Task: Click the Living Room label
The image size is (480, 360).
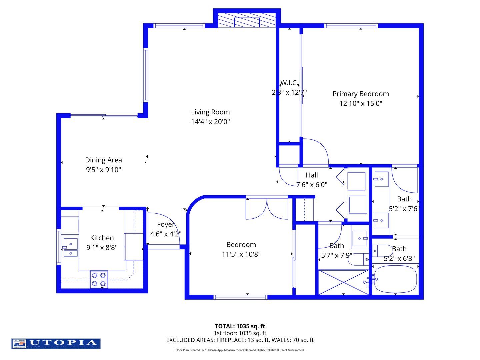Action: tap(210, 112)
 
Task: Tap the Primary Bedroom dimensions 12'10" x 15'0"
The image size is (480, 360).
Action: tap(361, 103)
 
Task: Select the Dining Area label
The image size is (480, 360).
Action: tap(103, 160)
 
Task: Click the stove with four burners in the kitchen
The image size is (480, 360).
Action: tap(99, 279)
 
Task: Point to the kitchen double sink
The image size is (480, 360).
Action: tap(70, 247)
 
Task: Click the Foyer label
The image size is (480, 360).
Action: tap(166, 224)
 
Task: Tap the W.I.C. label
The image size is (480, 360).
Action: tap(289, 83)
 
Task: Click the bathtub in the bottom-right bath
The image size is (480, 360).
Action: tap(395, 279)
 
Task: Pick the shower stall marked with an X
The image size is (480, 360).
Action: tap(343, 282)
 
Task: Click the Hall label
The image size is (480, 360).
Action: tap(312, 175)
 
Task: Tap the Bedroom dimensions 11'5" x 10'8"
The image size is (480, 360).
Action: tap(241, 254)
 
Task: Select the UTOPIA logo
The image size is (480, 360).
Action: tap(56, 343)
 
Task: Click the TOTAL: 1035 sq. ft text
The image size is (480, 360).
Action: tap(240, 326)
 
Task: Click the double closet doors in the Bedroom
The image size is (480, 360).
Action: tap(267, 209)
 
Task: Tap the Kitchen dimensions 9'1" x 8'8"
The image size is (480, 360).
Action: tap(102, 248)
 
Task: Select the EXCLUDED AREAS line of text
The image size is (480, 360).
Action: tap(240, 340)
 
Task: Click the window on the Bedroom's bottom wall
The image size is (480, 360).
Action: tap(240, 297)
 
